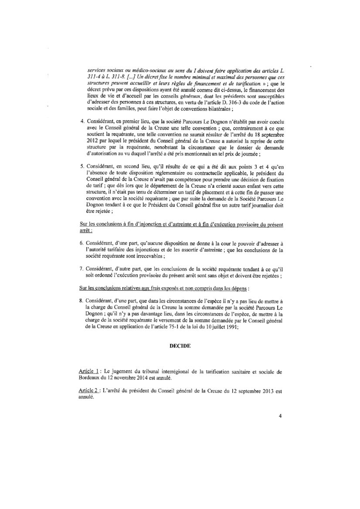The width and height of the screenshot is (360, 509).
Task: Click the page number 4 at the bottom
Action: click(x=280, y=416)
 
